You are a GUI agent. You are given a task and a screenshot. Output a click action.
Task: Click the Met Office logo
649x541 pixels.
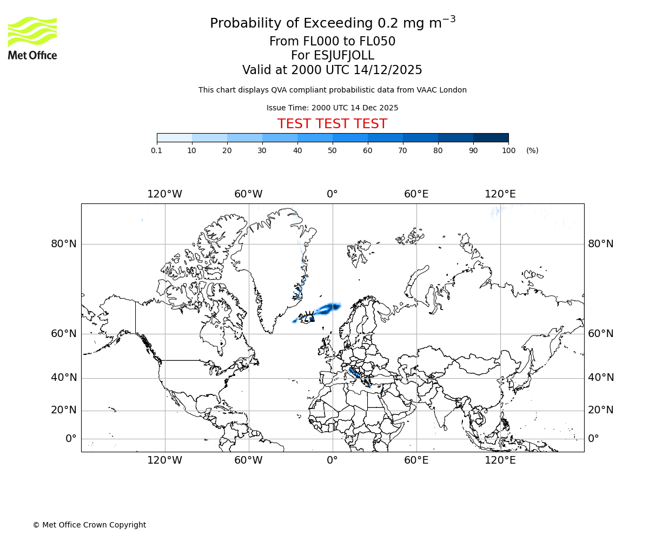point(32,38)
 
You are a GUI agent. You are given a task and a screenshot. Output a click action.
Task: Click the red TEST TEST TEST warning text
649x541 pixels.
point(332,124)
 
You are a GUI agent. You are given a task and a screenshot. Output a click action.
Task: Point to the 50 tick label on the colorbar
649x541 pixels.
point(332,150)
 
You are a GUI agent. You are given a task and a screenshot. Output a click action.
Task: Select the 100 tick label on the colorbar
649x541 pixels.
point(508,150)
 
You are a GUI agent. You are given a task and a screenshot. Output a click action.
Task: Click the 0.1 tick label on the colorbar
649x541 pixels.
point(156,150)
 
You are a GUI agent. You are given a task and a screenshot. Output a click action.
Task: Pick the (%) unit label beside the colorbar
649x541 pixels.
point(532,150)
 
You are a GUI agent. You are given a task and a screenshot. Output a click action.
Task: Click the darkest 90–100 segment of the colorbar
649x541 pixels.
point(491,137)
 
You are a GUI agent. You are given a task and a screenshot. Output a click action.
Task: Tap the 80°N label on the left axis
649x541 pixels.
point(64,244)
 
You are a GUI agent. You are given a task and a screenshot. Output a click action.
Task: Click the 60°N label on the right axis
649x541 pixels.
point(601,334)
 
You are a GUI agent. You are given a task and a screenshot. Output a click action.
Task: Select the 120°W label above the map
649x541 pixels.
point(164,194)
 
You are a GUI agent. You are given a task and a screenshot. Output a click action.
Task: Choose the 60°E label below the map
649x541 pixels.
point(416,460)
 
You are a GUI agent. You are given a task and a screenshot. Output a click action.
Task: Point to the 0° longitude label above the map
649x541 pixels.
point(332,194)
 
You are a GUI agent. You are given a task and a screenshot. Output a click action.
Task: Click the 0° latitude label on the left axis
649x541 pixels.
point(71,439)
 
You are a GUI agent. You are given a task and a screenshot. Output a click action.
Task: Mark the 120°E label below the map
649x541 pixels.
point(500,460)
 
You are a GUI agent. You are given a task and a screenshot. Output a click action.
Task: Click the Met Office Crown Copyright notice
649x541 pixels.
point(89,525)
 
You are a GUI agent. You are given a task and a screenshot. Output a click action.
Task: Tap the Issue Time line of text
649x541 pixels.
point(332,108)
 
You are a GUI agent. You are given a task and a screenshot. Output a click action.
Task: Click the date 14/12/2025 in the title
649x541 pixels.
point(388,70)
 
